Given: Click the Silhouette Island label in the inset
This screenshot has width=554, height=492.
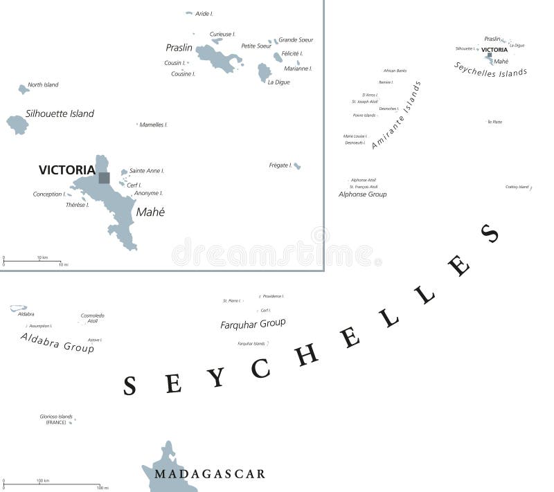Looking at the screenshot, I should tap(60, 113).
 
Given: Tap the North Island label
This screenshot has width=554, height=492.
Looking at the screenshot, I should tap(43, 85).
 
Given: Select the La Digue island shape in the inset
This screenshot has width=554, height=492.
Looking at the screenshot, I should tap(264, 72).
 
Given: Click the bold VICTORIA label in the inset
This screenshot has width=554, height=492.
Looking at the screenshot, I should tap(66, 170).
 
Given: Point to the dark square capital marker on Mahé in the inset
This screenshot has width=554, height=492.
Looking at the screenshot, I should tap(104, 178).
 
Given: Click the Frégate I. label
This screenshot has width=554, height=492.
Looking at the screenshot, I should tap(280, 165).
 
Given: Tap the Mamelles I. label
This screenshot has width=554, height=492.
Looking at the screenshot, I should tap(154, 125).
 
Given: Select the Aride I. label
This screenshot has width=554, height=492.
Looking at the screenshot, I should tap(204, 14).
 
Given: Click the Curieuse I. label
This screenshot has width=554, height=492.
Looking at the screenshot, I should tap(222, 34).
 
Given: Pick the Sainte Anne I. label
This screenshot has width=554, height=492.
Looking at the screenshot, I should tap(147, 170).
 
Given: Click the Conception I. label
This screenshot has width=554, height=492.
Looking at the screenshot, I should tap(48, 194).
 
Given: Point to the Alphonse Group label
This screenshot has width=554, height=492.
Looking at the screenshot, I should tap(362, 194).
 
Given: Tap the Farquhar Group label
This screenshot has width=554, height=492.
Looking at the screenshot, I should tap(253, 323).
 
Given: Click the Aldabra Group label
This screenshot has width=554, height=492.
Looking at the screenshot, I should tap(57, 343).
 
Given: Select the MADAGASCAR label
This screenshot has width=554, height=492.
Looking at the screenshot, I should tap(210, 474).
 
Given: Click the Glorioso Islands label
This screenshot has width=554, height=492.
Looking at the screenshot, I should tap(56, 419).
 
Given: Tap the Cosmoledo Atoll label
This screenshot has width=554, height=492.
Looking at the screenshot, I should tap(93, 318).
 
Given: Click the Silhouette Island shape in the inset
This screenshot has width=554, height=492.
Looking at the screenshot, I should tap(17, 125).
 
